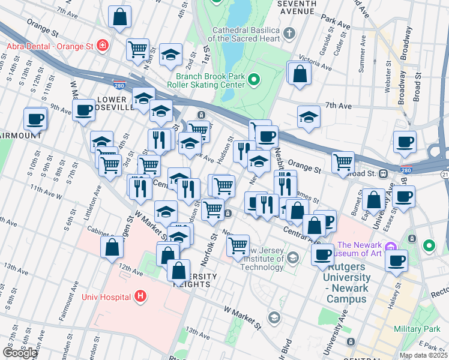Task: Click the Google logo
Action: coord(20,353)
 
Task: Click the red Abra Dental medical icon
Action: coord(103,45)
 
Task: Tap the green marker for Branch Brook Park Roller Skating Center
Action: coord(254,79)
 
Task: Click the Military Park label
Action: coord(417,329)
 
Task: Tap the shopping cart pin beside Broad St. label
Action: coord(343,161)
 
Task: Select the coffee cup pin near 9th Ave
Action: coord(83,109)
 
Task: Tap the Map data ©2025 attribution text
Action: coord(423,355)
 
